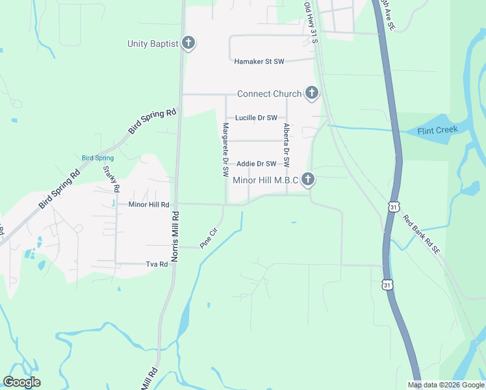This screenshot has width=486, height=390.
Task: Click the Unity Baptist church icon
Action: pos(188,44)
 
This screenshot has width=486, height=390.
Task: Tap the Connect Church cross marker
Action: pos(311,94)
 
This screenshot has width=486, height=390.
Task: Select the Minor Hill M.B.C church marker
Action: pos(308,179)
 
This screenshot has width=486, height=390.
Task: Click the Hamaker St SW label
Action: pos(259,62)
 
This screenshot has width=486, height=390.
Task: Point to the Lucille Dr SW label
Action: pos(256,118)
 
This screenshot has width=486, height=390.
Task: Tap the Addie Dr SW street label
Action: pos(257,164)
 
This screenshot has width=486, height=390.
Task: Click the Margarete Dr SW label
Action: pos(225,150)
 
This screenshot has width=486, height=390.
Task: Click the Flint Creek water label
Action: pos(437,130)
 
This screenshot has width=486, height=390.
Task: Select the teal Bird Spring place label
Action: pos(97,158)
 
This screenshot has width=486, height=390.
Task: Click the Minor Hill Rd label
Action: pos(149,204)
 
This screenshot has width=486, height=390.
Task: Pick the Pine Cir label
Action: pos(207,238)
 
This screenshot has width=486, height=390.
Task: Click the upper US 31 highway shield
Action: pos(393,207)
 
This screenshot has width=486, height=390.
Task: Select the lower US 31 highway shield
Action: pos(387,285)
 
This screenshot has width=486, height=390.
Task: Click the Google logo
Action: pos(21,382)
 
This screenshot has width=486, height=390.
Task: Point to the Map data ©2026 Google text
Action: pos(445,385)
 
